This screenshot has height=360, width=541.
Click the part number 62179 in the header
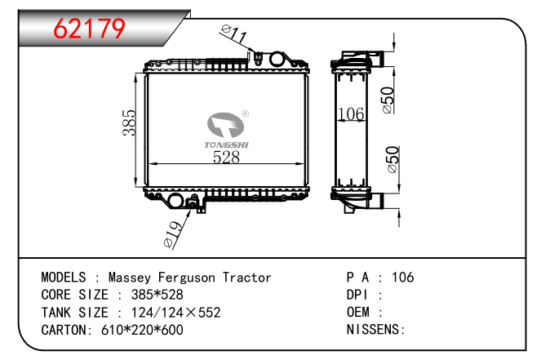[x=90, y=29]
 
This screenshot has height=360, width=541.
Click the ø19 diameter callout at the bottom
[x=172, y=234]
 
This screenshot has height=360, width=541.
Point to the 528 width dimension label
[x=226, y=158]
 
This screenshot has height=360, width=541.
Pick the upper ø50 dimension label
[x=389, y=100]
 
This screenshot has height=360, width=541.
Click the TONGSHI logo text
[x=227, y=144]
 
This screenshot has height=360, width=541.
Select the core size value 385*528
[x=152, y=295]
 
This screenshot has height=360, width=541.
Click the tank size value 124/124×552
[x=170, y=313]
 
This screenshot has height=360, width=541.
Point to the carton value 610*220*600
[x=137, y=330]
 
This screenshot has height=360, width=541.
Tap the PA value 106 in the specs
[x=402, y=278]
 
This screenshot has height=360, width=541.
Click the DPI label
[x=360, y=295]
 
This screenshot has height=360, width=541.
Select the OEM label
[x=360, y=313]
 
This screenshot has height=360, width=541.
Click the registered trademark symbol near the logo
[x=246, y=115]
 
